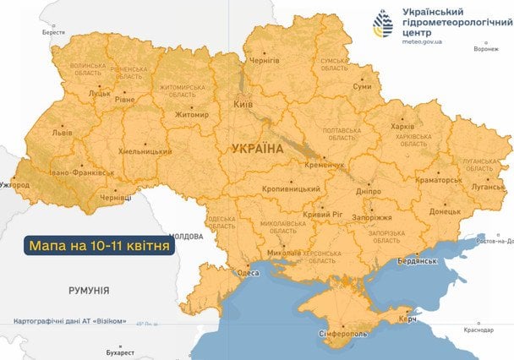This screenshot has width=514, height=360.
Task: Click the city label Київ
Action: pos(243,104)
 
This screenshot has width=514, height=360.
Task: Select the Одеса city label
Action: pos(248,273)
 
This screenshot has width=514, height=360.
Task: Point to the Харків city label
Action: pos(403,127)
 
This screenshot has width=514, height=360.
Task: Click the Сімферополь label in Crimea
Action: pos(344,334)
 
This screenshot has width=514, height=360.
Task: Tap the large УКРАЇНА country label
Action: pos(257,149)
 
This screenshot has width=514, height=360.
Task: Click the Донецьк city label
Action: pos(446,211)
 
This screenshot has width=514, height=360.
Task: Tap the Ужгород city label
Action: pos(14,183)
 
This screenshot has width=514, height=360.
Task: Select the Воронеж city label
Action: pos(485,49)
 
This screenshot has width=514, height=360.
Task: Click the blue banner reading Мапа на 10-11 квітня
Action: pos(99,246)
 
